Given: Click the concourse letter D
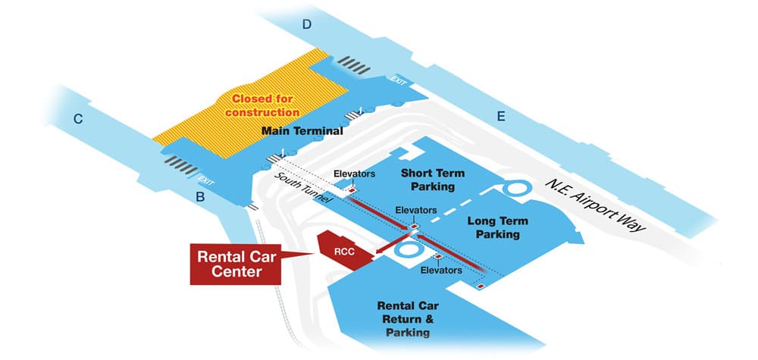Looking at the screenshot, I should [306, 24].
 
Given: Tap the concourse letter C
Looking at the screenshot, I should [77, 118].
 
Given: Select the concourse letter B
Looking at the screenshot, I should [200, 198].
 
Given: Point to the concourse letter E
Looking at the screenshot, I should [500, 116].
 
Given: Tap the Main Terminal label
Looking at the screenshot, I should [302, 131].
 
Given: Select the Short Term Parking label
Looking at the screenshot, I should [432, 180].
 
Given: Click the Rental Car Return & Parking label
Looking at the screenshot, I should [409, 319].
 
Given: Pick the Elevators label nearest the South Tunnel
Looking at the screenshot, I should [354, 174].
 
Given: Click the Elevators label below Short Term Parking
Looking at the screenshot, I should [416, 210].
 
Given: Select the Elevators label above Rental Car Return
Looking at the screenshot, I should [442, 270].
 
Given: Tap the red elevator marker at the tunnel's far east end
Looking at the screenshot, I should [479, 286].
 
